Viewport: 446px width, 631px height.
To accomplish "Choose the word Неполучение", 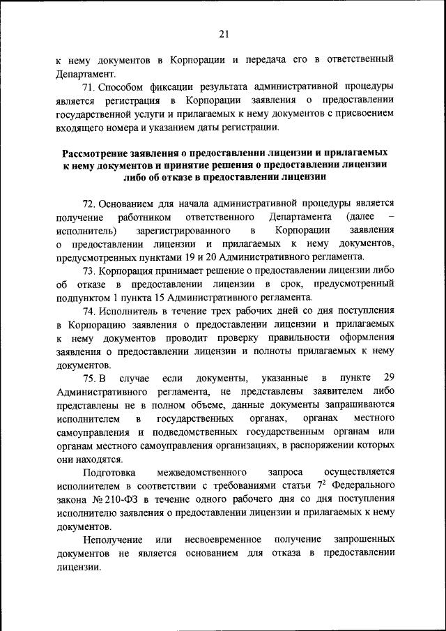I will coord(111,539).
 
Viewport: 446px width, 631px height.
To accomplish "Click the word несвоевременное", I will coord(223,539).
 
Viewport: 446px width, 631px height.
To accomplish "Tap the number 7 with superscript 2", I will coord(321,485).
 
